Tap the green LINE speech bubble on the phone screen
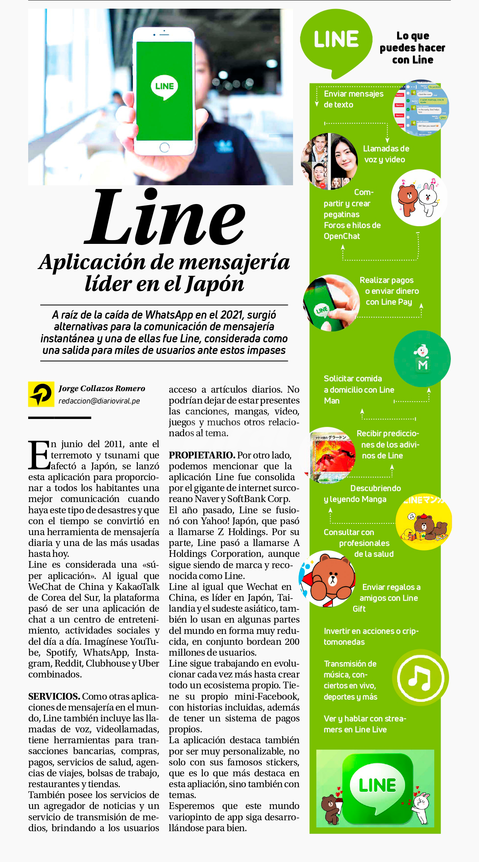tap(165, 87)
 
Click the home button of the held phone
tap(165, 147)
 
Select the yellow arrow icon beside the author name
tap(41, 394)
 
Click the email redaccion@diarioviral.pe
tap(99, 401)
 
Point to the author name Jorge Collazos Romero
tap(102, 389)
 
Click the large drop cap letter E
tap(39, 455)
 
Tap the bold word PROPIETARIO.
tap(202, 455)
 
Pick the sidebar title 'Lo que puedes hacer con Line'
tap(413, 48)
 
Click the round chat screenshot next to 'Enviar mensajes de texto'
tap(421, 108)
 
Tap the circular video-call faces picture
tap(329, 161)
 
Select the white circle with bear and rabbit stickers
tap(419, 198)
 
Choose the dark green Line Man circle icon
tap(422, 358)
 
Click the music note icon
tap(420, 678)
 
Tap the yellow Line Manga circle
tap(424, 522)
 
